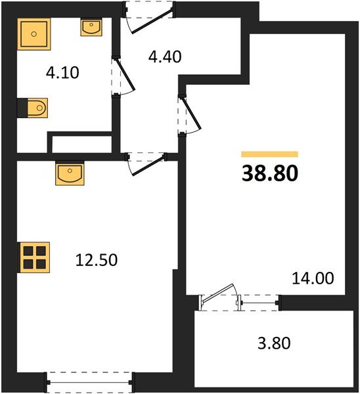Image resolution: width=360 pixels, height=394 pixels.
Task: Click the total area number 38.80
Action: tap(270, 173)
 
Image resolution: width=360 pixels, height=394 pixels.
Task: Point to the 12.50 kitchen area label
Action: tap(97, 260)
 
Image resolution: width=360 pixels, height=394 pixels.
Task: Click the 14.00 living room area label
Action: tap(313, 278)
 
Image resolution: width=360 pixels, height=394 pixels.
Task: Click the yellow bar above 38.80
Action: tap(270, 154)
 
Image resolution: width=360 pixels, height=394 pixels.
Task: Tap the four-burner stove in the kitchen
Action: tap(35, 257)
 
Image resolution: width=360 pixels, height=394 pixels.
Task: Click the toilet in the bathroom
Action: tap(35, 107)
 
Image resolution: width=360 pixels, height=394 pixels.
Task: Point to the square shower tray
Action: tap(34, 34)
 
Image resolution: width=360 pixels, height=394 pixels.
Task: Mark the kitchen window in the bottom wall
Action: tap(90, 380)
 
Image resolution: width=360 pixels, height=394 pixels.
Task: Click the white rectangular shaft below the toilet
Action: tap(81, 144)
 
